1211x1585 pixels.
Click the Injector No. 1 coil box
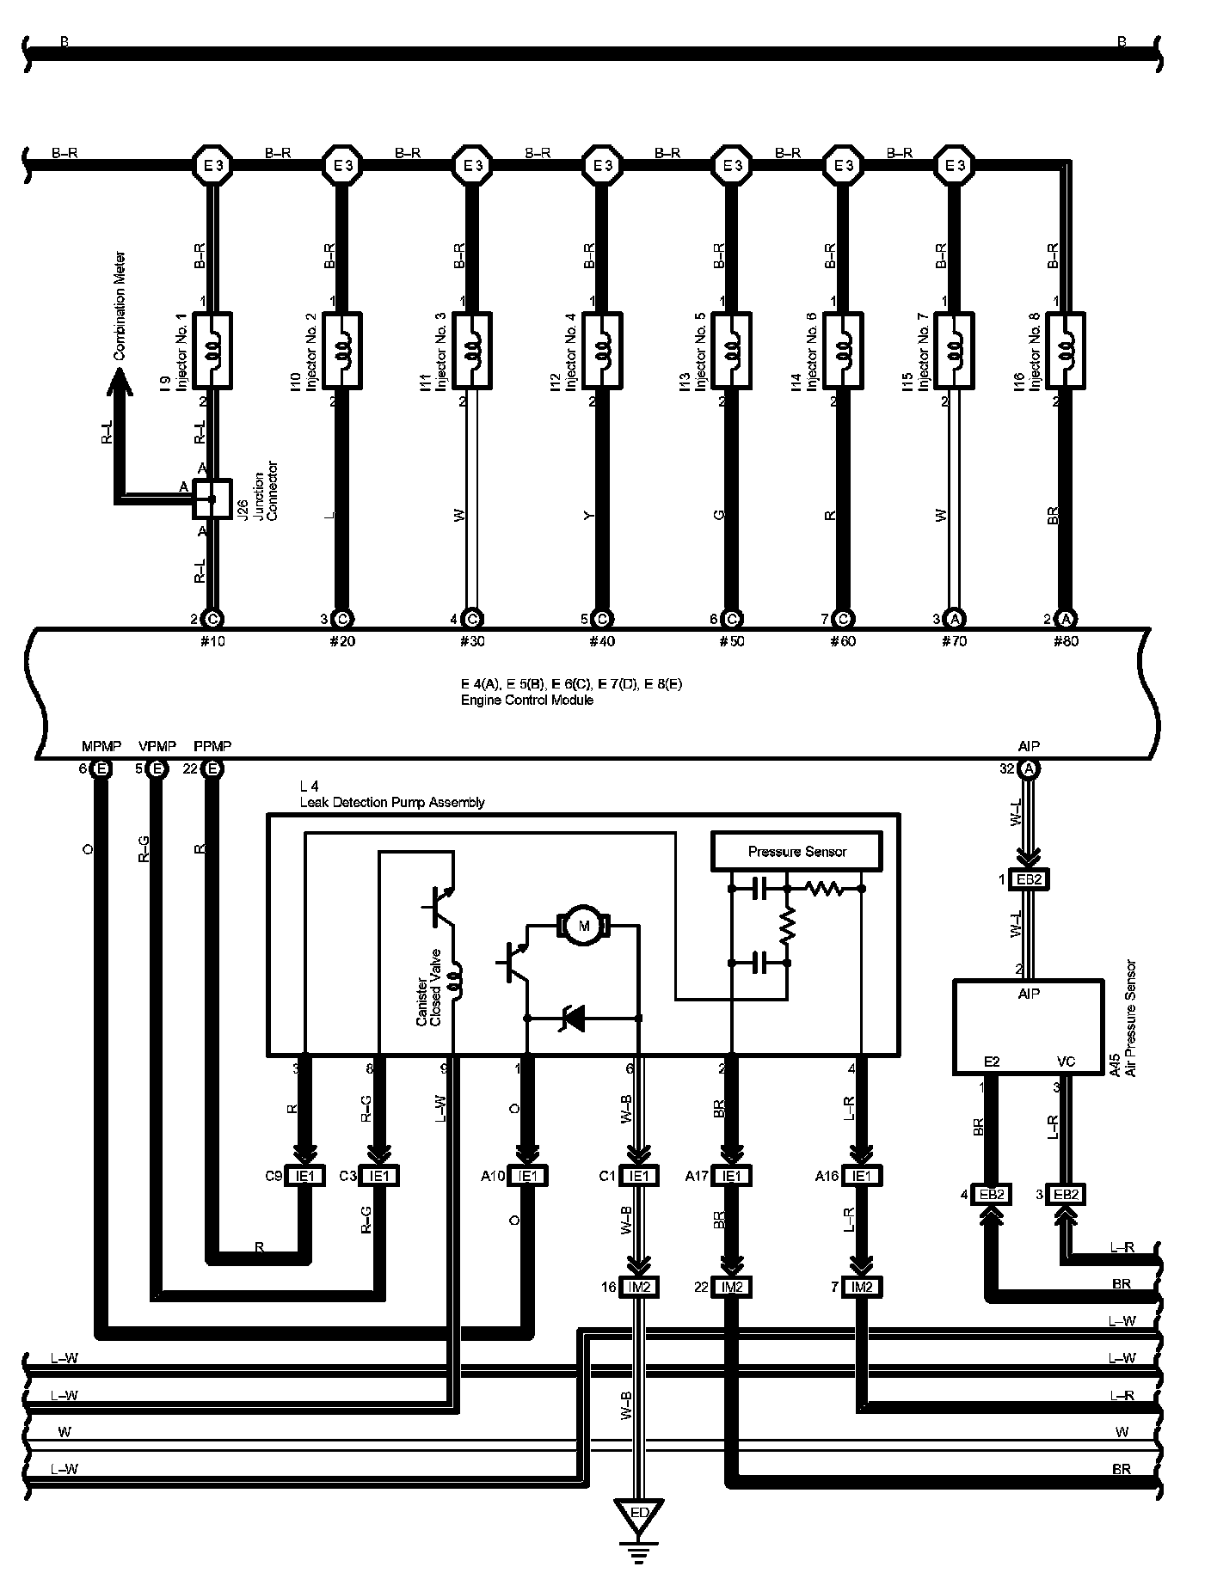click(x=212, y=350)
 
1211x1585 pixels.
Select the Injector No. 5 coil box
click(x=731, y=350)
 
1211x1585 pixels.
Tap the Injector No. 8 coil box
click(x=1066, y=350)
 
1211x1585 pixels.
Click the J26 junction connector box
click(x=212, y=499)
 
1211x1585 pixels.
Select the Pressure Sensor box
click(x=796, y=851)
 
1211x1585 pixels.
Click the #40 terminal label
click(x=601, y=641)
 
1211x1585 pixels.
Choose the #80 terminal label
click(x=1066, y=641)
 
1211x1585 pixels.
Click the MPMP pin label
click(x=101, y=745)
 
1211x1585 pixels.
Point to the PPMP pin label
click(x=212, y=745)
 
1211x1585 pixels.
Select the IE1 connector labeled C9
click(x=305, y=1176)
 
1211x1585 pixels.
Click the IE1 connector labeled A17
click(x=731, y=1176)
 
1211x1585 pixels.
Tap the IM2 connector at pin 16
click(x=639, y=1287)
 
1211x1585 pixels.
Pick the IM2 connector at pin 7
click(x=863, y=1287)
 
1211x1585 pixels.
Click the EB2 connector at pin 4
click(x=992, y=1194)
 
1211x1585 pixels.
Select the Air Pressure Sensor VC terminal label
click(x=1066, y=1062)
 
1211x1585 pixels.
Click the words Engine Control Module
click(x=526, y=700)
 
